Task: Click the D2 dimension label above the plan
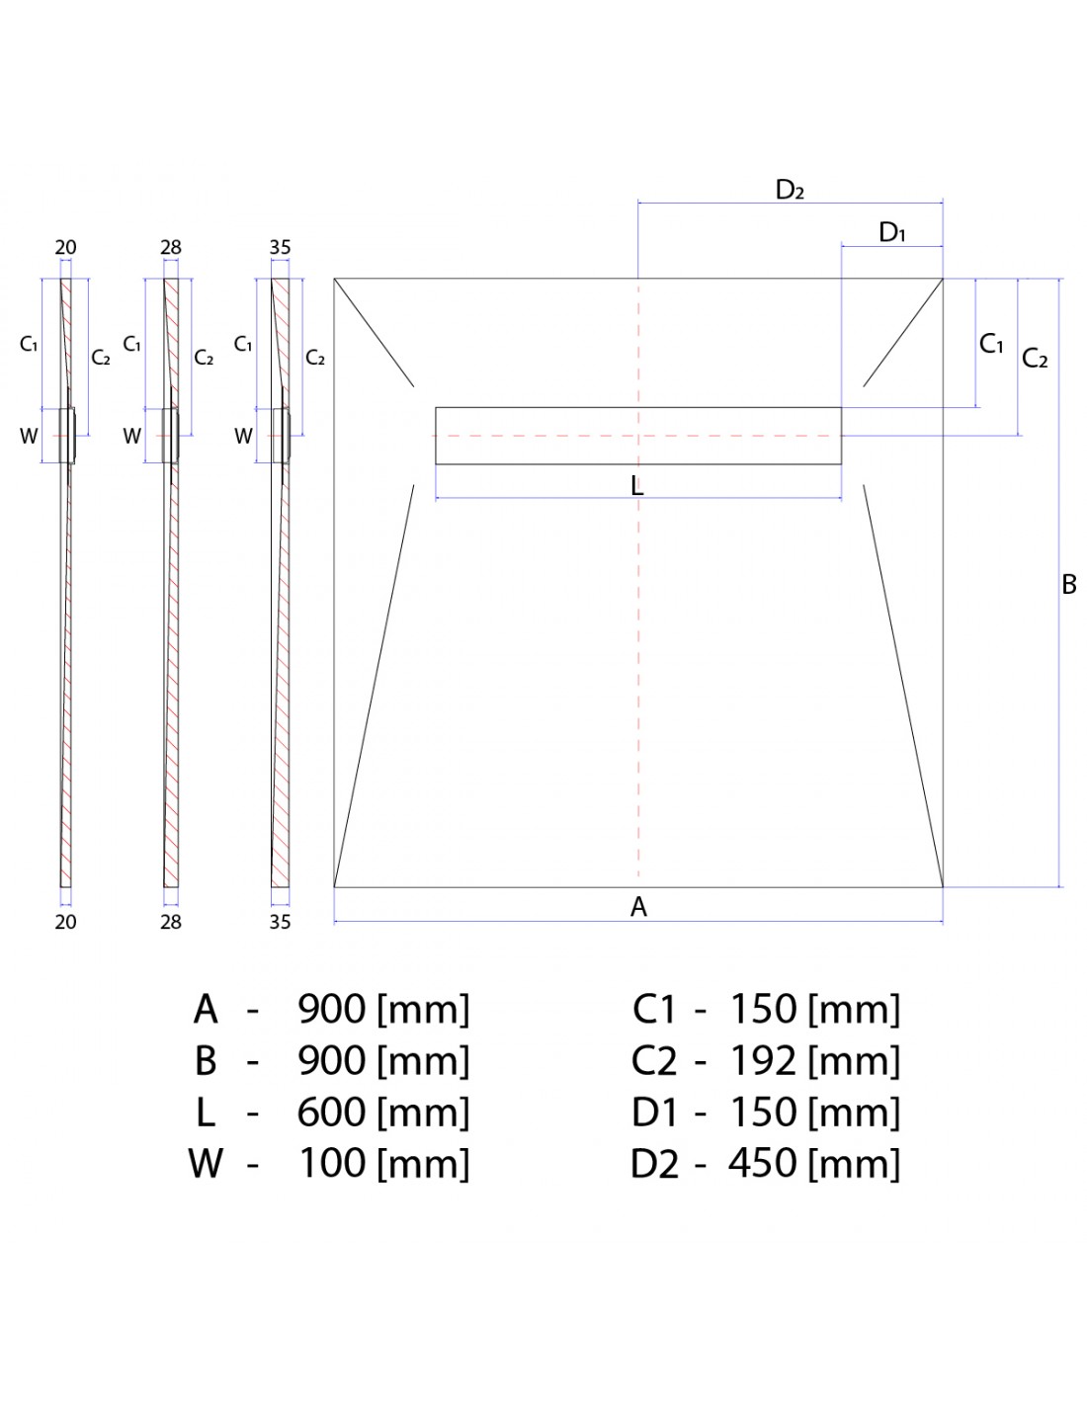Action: pyautogui.click(x=790, y=190)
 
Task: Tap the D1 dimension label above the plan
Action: pyautogui.click(x=892, y=232)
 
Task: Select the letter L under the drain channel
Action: pyautogui.click(x=637, y=485)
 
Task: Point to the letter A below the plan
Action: pyautogui.click(x=638, y=906)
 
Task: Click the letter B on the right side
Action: pyautogui.click(x=1068, y=584)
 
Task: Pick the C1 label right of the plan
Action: pyautogui.click(x=991, y=344)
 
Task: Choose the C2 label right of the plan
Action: pyautogui.click(x=1035, y=358)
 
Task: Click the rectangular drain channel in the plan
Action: pyautogui.click(x=638, y=435)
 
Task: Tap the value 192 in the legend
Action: pyautogui.click(x=763, y=1060)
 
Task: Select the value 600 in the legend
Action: pyautogui.click(x=332, y=1112)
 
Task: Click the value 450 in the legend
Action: pyautogui.click(x=763, y=1163)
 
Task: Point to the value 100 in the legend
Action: pyautogui.click(x=332, y=1163)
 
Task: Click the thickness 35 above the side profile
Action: pyautogui.click(x=280, y=247)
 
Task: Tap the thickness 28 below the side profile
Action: pyautogui.click(x=170, y=922)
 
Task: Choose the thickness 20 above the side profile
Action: pyautogui.click(x=65, y=247)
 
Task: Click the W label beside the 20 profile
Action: pyautogui.click(x=29, y=436)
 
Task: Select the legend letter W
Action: pyautogui.click(x=206, y=1163)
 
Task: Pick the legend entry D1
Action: pyautogui.click(x=654, y=1112)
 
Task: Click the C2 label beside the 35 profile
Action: pyautogui.click(x=315, y=358)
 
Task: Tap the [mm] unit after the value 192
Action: pyautogui.click(x=854, y=1060)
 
